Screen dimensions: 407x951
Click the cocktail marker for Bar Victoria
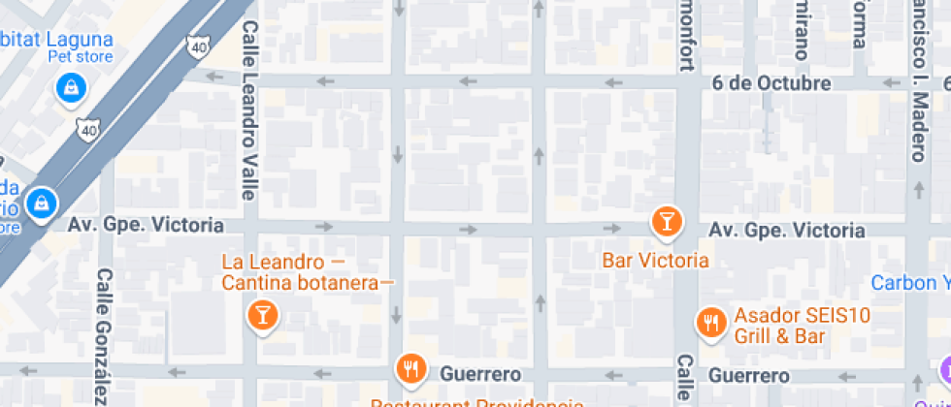666,221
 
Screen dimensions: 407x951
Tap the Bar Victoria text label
655,260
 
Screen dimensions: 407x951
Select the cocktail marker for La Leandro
262,314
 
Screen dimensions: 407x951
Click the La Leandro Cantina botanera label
306,272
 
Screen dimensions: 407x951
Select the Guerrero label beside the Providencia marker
480,374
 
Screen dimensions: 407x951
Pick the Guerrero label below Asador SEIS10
748,375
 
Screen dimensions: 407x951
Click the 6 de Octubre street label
771,83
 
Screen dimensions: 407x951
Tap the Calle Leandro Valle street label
249,110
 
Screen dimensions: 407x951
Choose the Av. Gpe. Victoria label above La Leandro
146,225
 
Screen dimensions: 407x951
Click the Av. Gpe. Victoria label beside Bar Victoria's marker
786,231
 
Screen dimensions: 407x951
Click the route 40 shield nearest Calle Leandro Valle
200,46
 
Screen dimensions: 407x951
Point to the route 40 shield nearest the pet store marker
89,129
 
